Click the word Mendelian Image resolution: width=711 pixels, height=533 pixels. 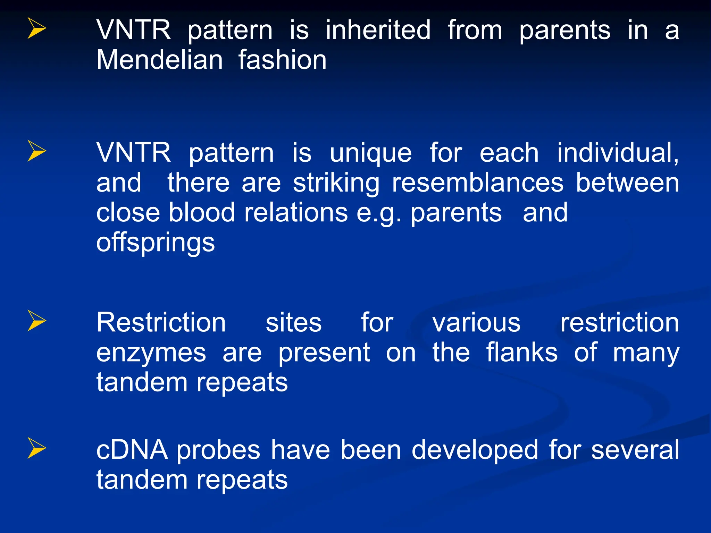(159, 60)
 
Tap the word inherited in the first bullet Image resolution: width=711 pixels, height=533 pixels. (378, 30)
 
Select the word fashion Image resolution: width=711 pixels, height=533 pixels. (282, 60)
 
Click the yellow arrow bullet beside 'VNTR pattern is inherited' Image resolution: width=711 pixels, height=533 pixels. (36, 29)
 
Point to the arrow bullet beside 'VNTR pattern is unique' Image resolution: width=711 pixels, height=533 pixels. (36, 151)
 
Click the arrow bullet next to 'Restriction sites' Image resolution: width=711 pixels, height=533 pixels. (36, 321)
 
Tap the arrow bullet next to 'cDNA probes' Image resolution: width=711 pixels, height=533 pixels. (36, 448)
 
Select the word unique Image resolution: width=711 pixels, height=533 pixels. (370, 153)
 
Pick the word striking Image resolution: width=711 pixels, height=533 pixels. (336, 184)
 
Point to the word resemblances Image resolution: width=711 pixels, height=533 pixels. (477, 183)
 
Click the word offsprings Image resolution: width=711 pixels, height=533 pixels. (156, 243)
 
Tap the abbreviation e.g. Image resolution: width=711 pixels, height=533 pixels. (379, 213)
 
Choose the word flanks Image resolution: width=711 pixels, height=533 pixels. (521, 353)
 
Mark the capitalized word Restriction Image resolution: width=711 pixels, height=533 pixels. (161, 323)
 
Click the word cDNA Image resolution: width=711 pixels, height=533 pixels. (132, 450)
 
